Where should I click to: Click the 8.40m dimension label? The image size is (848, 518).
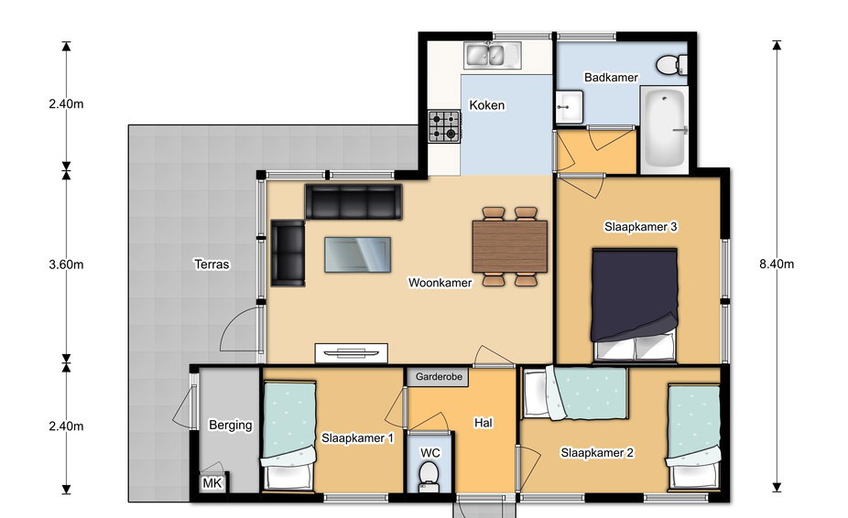777,264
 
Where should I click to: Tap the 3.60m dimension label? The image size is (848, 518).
66,264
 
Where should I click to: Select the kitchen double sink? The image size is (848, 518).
492,55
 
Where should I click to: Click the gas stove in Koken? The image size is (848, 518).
444,126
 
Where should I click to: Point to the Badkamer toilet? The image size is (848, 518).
671,65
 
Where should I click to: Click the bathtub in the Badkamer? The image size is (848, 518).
665,130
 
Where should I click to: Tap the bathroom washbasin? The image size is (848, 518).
570,106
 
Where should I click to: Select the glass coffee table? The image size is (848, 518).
357,254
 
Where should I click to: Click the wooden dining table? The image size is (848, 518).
509,246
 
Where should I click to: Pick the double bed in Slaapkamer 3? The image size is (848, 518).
635,304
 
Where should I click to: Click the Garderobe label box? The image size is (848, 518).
439,377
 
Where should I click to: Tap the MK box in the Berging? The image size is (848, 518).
212,483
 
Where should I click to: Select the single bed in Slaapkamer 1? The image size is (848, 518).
288,436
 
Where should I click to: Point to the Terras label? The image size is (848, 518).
212,264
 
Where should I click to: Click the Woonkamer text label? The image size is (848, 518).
440,282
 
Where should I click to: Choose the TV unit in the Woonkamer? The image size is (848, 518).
352,353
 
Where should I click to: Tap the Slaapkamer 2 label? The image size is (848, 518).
597,453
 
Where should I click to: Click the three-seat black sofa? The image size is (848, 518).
353,201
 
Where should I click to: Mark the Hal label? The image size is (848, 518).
484,423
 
